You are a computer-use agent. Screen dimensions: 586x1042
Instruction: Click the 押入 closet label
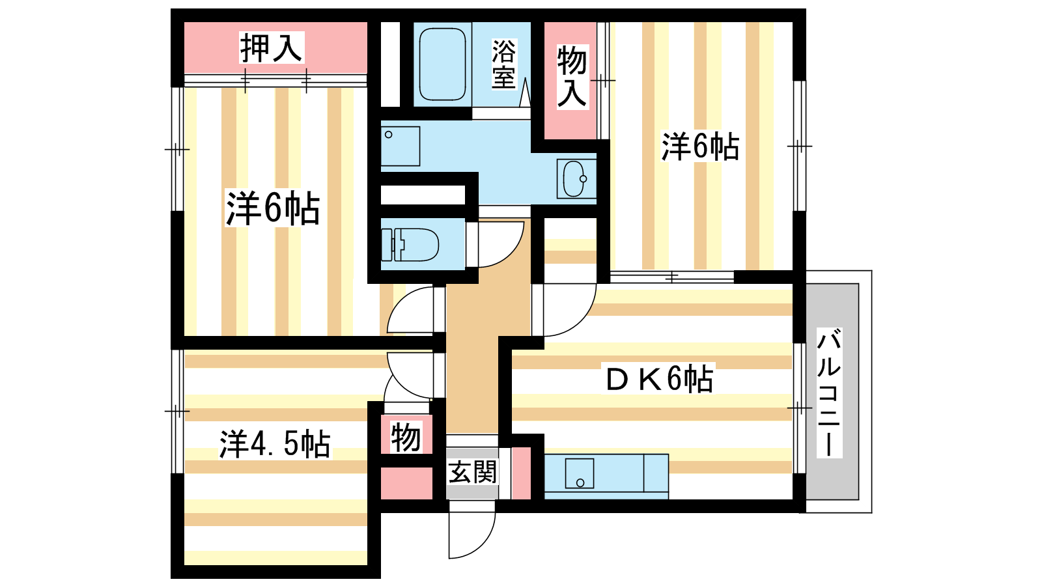click(x=271, y=48)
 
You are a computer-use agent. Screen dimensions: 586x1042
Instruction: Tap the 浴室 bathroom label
click(x=503, y=64)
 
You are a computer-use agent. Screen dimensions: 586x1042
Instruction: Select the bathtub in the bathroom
click(x=442, y=63)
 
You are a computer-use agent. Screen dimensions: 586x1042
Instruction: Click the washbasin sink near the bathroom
click(x=575, y=178)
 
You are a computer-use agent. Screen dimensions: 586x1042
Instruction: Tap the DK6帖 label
click(x=659, y=379)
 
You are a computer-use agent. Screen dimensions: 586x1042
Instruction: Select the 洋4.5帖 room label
click(x=275, y=445)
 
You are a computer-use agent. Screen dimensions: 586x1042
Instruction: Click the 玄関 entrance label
click(x=473, y=472)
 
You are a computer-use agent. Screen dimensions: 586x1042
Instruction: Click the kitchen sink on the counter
click(x=580, y=473)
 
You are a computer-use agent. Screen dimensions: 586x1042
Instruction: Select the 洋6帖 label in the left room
click(x=273, y=208)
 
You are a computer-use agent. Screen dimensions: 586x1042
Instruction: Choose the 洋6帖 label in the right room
click(x=700, y=146)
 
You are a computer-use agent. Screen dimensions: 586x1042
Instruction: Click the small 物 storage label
click(x=406, y=437)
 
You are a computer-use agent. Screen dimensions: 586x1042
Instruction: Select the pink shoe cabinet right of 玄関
click(x=521, y=473)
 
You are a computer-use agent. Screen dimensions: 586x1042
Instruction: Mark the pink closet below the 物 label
click(x=406, y=483)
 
